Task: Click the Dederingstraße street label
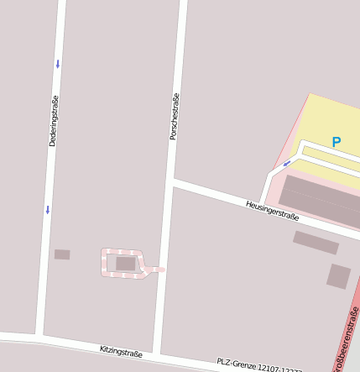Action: point(54,122)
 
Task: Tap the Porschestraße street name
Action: point(175,116)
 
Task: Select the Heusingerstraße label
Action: point(272,210)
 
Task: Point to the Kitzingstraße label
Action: point(121,352)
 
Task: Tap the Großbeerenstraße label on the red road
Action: point(346,340)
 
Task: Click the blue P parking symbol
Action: point(337,143)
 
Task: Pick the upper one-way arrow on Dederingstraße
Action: point(58,64)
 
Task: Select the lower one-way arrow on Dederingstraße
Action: point(48,209)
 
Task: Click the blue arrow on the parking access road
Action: point(286,164)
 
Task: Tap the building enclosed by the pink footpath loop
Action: point(125,264)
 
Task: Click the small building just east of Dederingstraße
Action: point(62,254)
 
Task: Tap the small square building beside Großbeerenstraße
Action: point(339,275)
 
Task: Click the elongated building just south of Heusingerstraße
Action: point(316,243)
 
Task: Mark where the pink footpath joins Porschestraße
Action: point(162,270)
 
